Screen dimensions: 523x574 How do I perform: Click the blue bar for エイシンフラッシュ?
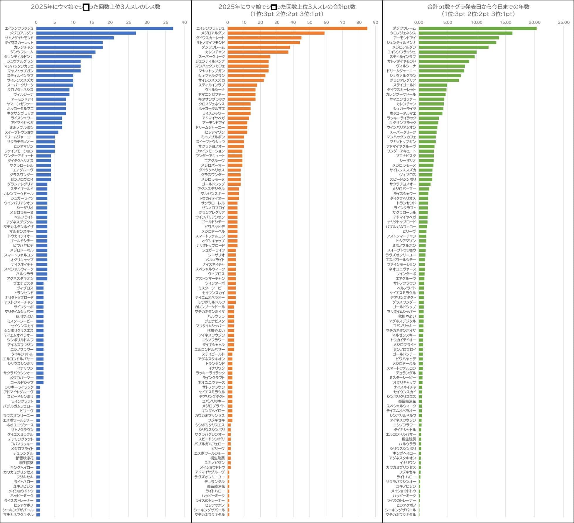click(x=104, y=28)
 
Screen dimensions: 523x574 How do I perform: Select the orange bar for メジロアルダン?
click(x=276, y=33)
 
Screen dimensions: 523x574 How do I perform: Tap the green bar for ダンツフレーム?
click(x=477, y=28)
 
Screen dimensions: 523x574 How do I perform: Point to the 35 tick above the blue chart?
click(x=166, y=23)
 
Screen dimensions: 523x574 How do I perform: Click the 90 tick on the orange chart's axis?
click(x=375, y=23)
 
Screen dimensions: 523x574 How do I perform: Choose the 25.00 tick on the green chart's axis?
click(x=564, y=23)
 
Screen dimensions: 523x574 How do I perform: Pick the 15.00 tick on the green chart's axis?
click(x=506, y=23)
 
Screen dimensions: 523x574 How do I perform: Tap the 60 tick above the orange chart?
click(x=326, y=23)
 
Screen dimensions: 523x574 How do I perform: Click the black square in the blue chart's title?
click(x=86, y=7)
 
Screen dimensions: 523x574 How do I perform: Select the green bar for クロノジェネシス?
click(x=465, y=33)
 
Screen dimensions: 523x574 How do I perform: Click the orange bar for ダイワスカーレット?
click(x=264, y=38)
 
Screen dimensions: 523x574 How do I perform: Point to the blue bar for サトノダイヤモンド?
click(x=75, y=38)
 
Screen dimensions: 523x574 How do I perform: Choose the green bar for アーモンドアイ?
click(x=459, y=38)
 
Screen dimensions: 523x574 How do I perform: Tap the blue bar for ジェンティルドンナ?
click(x=64, y=57)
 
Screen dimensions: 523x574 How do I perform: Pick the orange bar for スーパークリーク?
click(x=249, y=57)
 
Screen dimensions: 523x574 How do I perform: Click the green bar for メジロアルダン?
click(x=453, y=47)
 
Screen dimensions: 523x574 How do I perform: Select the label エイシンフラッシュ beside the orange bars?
click(x=210, y=28)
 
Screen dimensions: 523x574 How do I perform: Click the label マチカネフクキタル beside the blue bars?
click(x=18, y=514)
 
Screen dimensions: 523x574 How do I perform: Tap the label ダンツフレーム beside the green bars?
click(x=404, y=28)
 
